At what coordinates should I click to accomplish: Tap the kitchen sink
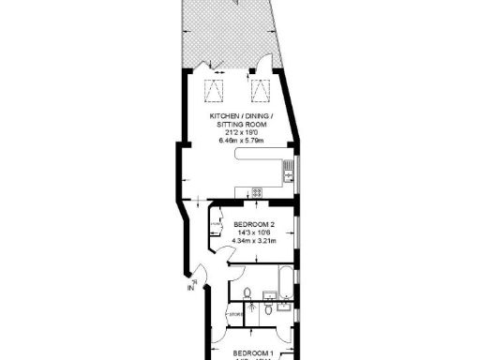[289, 172]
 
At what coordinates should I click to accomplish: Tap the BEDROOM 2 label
[254, 224]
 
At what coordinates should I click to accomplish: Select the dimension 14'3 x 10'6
[254, 232]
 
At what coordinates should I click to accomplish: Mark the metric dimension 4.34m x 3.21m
[254, 240]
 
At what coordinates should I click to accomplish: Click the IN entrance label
[190, 289]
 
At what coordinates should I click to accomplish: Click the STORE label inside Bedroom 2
[215, 224]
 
